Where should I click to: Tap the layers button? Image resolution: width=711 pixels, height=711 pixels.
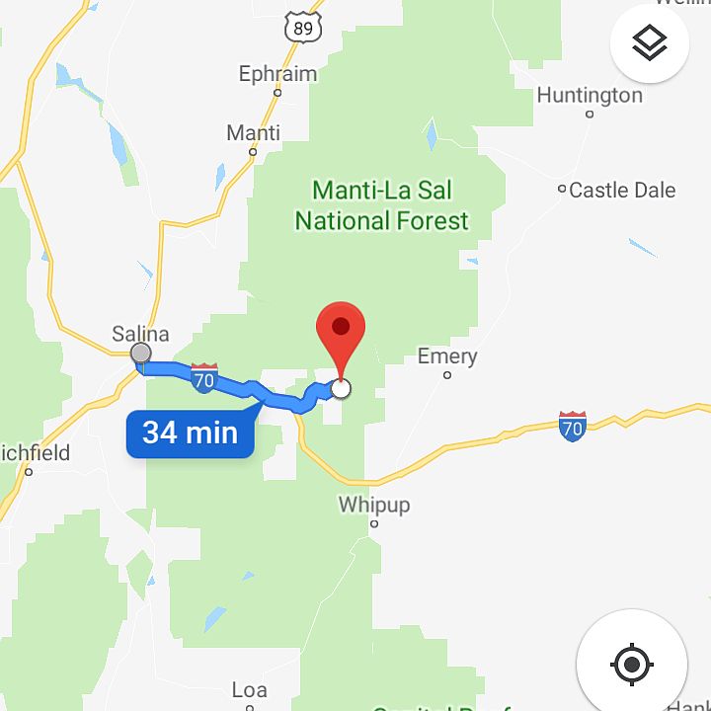click(x=649, y=43)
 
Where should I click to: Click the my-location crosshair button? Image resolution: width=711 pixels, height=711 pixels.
click(x=632, y=664)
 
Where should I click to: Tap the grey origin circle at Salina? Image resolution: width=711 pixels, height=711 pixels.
click(x=141, y=354)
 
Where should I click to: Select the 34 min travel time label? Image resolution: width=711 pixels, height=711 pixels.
click(x=190, y=433)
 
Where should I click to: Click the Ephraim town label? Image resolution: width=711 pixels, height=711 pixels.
click(x=277, y=74)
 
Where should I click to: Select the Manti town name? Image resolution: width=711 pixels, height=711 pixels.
click(x=253, y=132)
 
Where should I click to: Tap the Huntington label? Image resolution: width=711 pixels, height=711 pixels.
click(x=590, y=95)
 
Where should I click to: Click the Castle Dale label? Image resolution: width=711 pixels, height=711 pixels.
click(x=622, y=190)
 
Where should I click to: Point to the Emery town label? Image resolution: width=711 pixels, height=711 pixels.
click(x=447, y=355)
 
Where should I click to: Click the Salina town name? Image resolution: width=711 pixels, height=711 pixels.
click(x=140, y=333)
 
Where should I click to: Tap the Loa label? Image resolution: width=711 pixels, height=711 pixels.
click(x=249, y=689)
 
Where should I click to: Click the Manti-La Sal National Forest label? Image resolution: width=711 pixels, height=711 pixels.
click(x=381, y=204)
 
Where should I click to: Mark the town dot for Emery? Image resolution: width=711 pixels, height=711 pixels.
click(x=447, y=375)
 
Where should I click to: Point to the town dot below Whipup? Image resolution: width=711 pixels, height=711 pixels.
click(x=374, y=523)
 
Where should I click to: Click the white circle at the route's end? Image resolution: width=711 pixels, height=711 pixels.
click(x=341, y=388)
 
